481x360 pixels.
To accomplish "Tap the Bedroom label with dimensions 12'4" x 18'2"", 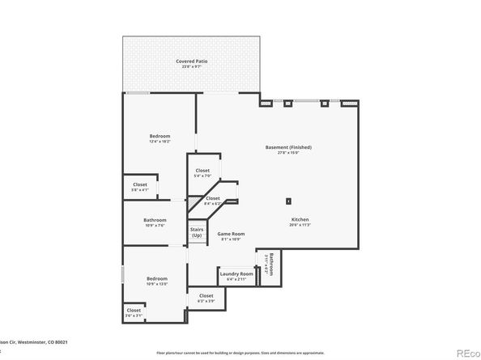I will [x=160, y=135].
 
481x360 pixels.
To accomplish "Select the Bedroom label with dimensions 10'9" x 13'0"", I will [x=157, y=278].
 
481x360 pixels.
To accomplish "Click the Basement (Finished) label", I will [x=288, y=147].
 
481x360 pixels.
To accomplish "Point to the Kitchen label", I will [x=300, y=219].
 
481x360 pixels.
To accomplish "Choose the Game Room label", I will [x=230, y=234].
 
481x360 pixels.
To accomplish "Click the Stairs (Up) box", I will [x=197, y=232].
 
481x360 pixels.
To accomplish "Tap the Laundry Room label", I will [x=236, y=274].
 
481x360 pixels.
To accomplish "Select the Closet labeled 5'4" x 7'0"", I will [x=202, y=171].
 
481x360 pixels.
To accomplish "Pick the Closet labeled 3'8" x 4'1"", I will [x=140, y=184].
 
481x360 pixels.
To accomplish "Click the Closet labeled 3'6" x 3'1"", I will [x=134, y=310].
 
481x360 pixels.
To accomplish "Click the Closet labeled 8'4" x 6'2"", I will [x=212, y=198].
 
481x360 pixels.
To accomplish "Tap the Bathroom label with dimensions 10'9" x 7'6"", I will [x=155, y=220].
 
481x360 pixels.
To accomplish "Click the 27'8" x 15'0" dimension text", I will [x=288, y=153].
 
